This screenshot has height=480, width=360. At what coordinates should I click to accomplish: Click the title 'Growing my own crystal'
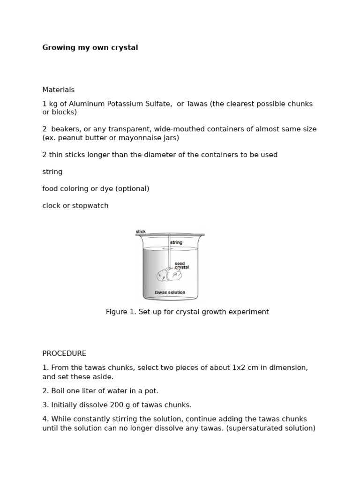click(x=90, y=48)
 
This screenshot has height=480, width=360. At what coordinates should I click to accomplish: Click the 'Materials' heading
click(x=58, y=90)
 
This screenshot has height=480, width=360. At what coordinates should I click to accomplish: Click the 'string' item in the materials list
click(x=52, y=172)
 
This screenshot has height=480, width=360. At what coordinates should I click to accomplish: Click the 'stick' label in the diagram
click(x=141, y=232)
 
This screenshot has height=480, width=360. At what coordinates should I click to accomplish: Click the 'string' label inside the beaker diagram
click(x=176, y=243)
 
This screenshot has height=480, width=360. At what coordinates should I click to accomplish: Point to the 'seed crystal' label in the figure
click(x=181, y=265)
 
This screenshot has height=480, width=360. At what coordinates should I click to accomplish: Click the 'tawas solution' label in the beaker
click(x=170, y=292)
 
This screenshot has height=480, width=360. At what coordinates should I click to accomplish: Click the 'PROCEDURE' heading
click(x=64, y=354)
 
